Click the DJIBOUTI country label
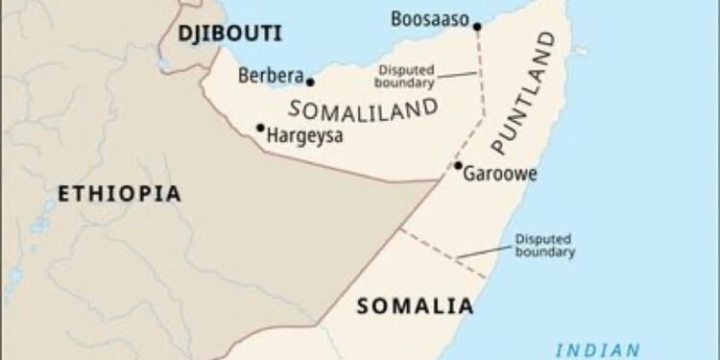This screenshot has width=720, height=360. (229, 34)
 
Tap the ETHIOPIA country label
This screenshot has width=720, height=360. (119, 194)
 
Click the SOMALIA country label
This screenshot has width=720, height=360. (415, 307)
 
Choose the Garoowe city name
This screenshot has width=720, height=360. (500, 175)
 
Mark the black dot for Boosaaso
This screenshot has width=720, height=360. (477, 26)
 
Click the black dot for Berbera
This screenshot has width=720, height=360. (310, 82)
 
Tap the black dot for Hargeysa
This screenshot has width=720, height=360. (260, 128)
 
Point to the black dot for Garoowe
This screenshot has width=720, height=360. (458, 165)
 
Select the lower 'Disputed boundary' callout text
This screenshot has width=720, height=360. (544, 246)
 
